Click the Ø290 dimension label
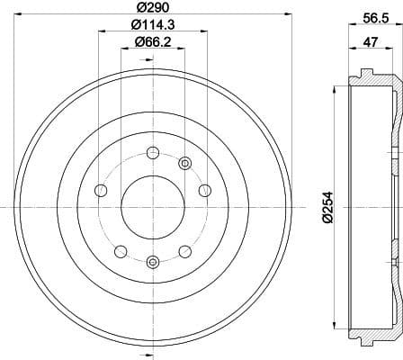click(x=151, y=9)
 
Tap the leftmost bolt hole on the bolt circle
click(x=100, y=216)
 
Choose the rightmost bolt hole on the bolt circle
click(x=204, y=216)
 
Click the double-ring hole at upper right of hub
click(x=185, y=187)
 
